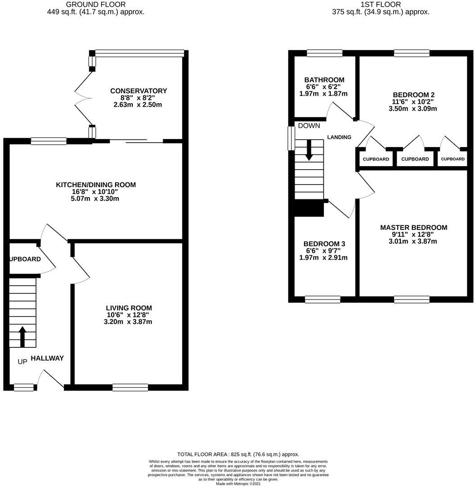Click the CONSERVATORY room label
138,91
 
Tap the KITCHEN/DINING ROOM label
95,185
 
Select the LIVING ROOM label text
126,308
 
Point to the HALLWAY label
47,359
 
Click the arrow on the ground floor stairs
22,335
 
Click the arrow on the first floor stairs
309,150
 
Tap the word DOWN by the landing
309,126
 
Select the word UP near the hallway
22,362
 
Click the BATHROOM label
324,80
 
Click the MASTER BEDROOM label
413,228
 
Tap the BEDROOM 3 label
324,244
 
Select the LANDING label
339,137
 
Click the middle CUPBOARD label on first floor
415,159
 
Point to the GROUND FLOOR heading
96,4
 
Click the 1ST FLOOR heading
381,4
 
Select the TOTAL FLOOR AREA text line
238,454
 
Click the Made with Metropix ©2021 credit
238,484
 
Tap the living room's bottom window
130,387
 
